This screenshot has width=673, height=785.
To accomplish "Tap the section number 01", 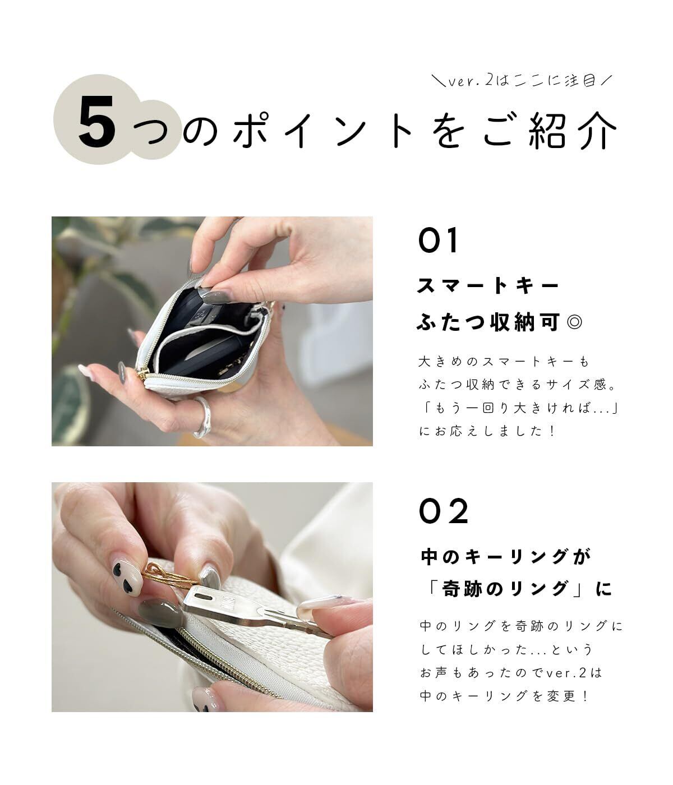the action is pos(437,240).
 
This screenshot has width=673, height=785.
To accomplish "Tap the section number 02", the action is pos(443,511).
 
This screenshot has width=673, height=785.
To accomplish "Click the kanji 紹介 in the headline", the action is pos(573,130).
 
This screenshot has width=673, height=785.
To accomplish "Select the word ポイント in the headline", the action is pos(323,130).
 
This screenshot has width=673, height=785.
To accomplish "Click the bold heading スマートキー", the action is pos(488,285).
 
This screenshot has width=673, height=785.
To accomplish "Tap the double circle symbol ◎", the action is pos(574,322).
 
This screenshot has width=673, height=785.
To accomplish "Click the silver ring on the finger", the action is pos(202,417).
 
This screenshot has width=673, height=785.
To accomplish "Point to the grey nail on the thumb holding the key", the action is pos(159,613).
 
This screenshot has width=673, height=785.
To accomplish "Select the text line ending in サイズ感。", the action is pos(518,385).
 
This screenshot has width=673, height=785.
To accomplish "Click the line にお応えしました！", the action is pos(487,431).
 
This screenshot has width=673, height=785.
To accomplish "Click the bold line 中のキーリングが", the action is pos(506,557).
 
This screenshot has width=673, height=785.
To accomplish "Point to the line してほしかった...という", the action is pos(506,650).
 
